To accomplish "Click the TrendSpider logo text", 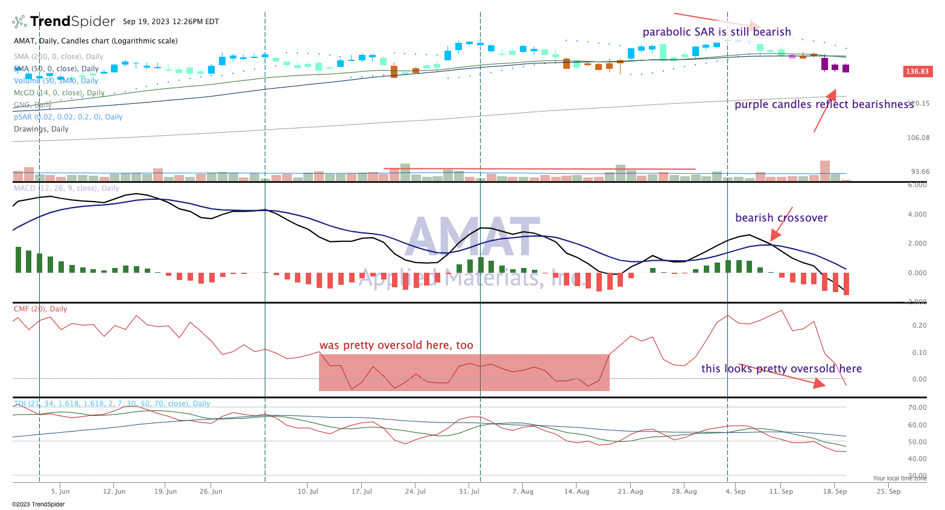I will click(x=72, y=22).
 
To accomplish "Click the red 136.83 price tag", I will click(x=917, y=72).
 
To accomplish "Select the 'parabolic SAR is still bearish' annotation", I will click(x=716, y=32).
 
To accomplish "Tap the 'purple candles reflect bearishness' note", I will click(x=824, y=104).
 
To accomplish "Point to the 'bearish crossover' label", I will click(x=781, y=218).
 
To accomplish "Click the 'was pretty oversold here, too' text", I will click(x=396, y=345).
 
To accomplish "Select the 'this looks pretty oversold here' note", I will click(x=781, y=369).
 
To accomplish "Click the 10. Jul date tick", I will click(x=308, y=491).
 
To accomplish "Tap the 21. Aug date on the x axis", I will click(x=630, y=491).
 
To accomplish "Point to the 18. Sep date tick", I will click(x=835, y=491).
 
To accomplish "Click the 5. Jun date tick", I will click(x=60, y=491).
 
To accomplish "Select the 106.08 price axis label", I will click(x=918, y=138).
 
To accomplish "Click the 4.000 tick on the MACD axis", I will click(x=917, y=214).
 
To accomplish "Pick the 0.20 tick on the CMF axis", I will click(x=919, y=325).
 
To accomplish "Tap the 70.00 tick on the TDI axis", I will click(x=917, y=407).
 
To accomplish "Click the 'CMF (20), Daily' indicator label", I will click(x=40, y=309).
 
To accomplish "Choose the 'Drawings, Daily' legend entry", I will click(x=41, y=129).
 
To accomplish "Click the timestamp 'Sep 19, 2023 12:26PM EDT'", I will click(x=171, y=22).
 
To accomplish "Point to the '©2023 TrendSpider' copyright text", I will click(x=38, y=504).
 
